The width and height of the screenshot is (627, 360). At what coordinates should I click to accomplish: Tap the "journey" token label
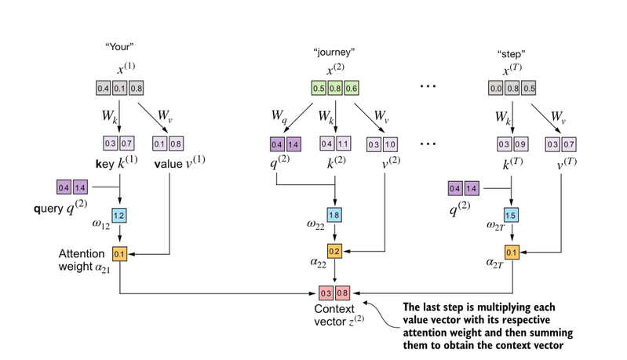(334, 53)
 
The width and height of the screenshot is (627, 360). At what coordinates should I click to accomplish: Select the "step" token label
(511, 54)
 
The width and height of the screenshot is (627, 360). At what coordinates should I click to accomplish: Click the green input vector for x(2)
(335, 89)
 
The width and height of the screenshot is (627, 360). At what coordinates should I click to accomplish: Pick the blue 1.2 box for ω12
(118, 215)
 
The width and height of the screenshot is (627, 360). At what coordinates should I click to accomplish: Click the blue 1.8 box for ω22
(335, 215)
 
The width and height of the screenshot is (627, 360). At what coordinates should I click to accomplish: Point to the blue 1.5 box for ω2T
(512, 215)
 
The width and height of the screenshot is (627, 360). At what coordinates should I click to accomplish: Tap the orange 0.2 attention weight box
(335, 252)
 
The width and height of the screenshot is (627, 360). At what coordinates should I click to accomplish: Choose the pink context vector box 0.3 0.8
(335, 292)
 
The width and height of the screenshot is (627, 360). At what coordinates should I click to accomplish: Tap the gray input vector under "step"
(512, 89)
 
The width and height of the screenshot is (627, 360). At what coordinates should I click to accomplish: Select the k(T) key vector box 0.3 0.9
(512, 144)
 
